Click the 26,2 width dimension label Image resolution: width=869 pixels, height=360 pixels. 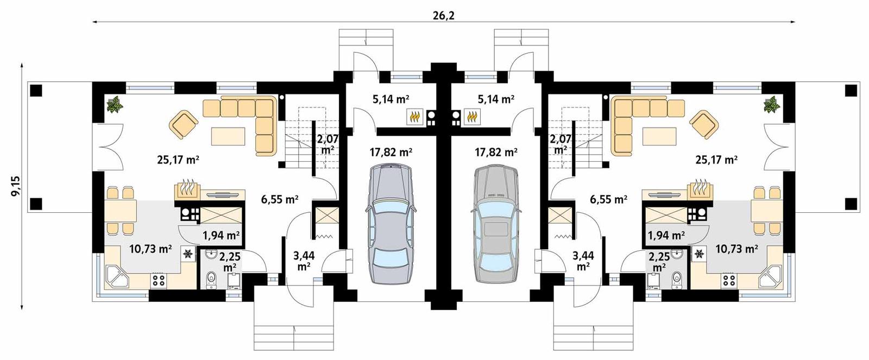click(444, 16)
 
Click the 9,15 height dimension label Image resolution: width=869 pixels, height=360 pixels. click(15, 186)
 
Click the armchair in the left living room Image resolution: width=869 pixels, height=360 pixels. click(185, 124)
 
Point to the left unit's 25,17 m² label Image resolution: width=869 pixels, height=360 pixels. click(178, 160)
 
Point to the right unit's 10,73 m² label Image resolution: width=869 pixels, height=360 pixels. click(736, 249)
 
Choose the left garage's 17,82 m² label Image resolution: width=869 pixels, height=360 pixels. click(391, 153)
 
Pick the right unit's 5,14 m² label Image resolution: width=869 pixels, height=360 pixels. click(496, 99)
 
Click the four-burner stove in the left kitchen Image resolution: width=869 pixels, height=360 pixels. click(159, 280)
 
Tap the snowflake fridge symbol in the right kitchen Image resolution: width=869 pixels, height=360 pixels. click(699, 253)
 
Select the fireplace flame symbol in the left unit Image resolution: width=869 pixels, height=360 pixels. click(187, 188)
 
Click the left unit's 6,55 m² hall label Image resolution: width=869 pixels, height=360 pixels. click(280, 199)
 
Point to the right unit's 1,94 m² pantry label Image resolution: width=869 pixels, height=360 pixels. click(666, 235)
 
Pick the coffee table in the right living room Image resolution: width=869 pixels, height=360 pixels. click(659, 135)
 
